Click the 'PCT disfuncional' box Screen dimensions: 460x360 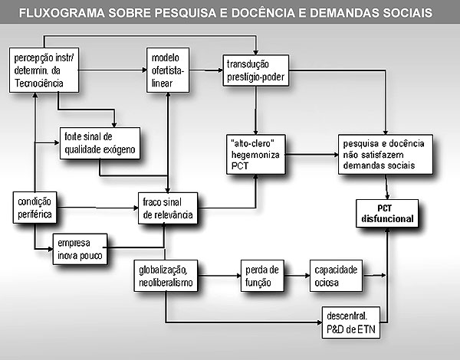coord(387,214)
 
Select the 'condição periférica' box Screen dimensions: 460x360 coord(35,208)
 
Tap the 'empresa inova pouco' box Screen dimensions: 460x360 coord(80,249)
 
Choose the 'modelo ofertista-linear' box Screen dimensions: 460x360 coord(168,70)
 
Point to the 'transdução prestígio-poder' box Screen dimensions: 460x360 coord(256,70)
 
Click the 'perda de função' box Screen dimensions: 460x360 coord(262,276)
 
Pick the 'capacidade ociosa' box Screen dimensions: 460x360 coord(337,276)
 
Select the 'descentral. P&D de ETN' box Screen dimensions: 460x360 coord(351,322)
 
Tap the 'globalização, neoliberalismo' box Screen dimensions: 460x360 coord(166,276)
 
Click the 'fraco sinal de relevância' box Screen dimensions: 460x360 coord(168,208)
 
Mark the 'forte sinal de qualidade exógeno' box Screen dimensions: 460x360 coord(100,143)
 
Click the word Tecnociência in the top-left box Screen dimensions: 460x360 coord(39,83)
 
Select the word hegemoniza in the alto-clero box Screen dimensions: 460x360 coord(255,155)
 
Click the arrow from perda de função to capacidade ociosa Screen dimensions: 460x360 coord(297,276)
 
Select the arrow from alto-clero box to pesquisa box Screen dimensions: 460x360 coord(312,155)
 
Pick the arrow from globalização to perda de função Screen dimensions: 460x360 coord(219,276)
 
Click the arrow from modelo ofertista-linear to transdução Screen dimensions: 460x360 coord(206,70)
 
